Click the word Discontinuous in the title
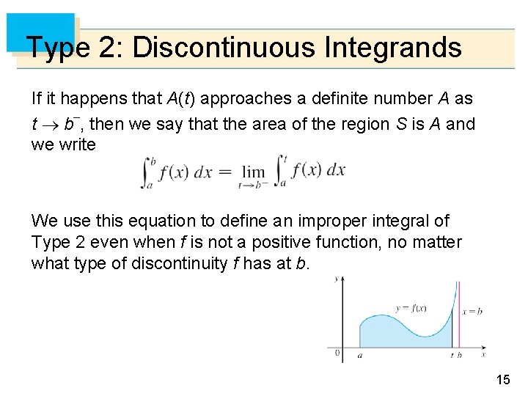pos(224,48)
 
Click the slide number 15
pos(502,379)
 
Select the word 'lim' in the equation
pos(253,172)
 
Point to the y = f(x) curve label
pos(412,308)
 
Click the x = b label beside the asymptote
pos(472,311)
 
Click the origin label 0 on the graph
pos(337,353)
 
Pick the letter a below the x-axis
pos(359,355)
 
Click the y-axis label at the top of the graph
pos(336,279)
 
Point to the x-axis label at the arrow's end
pos(483,354)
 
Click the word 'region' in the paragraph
pos(361,124)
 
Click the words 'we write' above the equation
pos(63,144)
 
